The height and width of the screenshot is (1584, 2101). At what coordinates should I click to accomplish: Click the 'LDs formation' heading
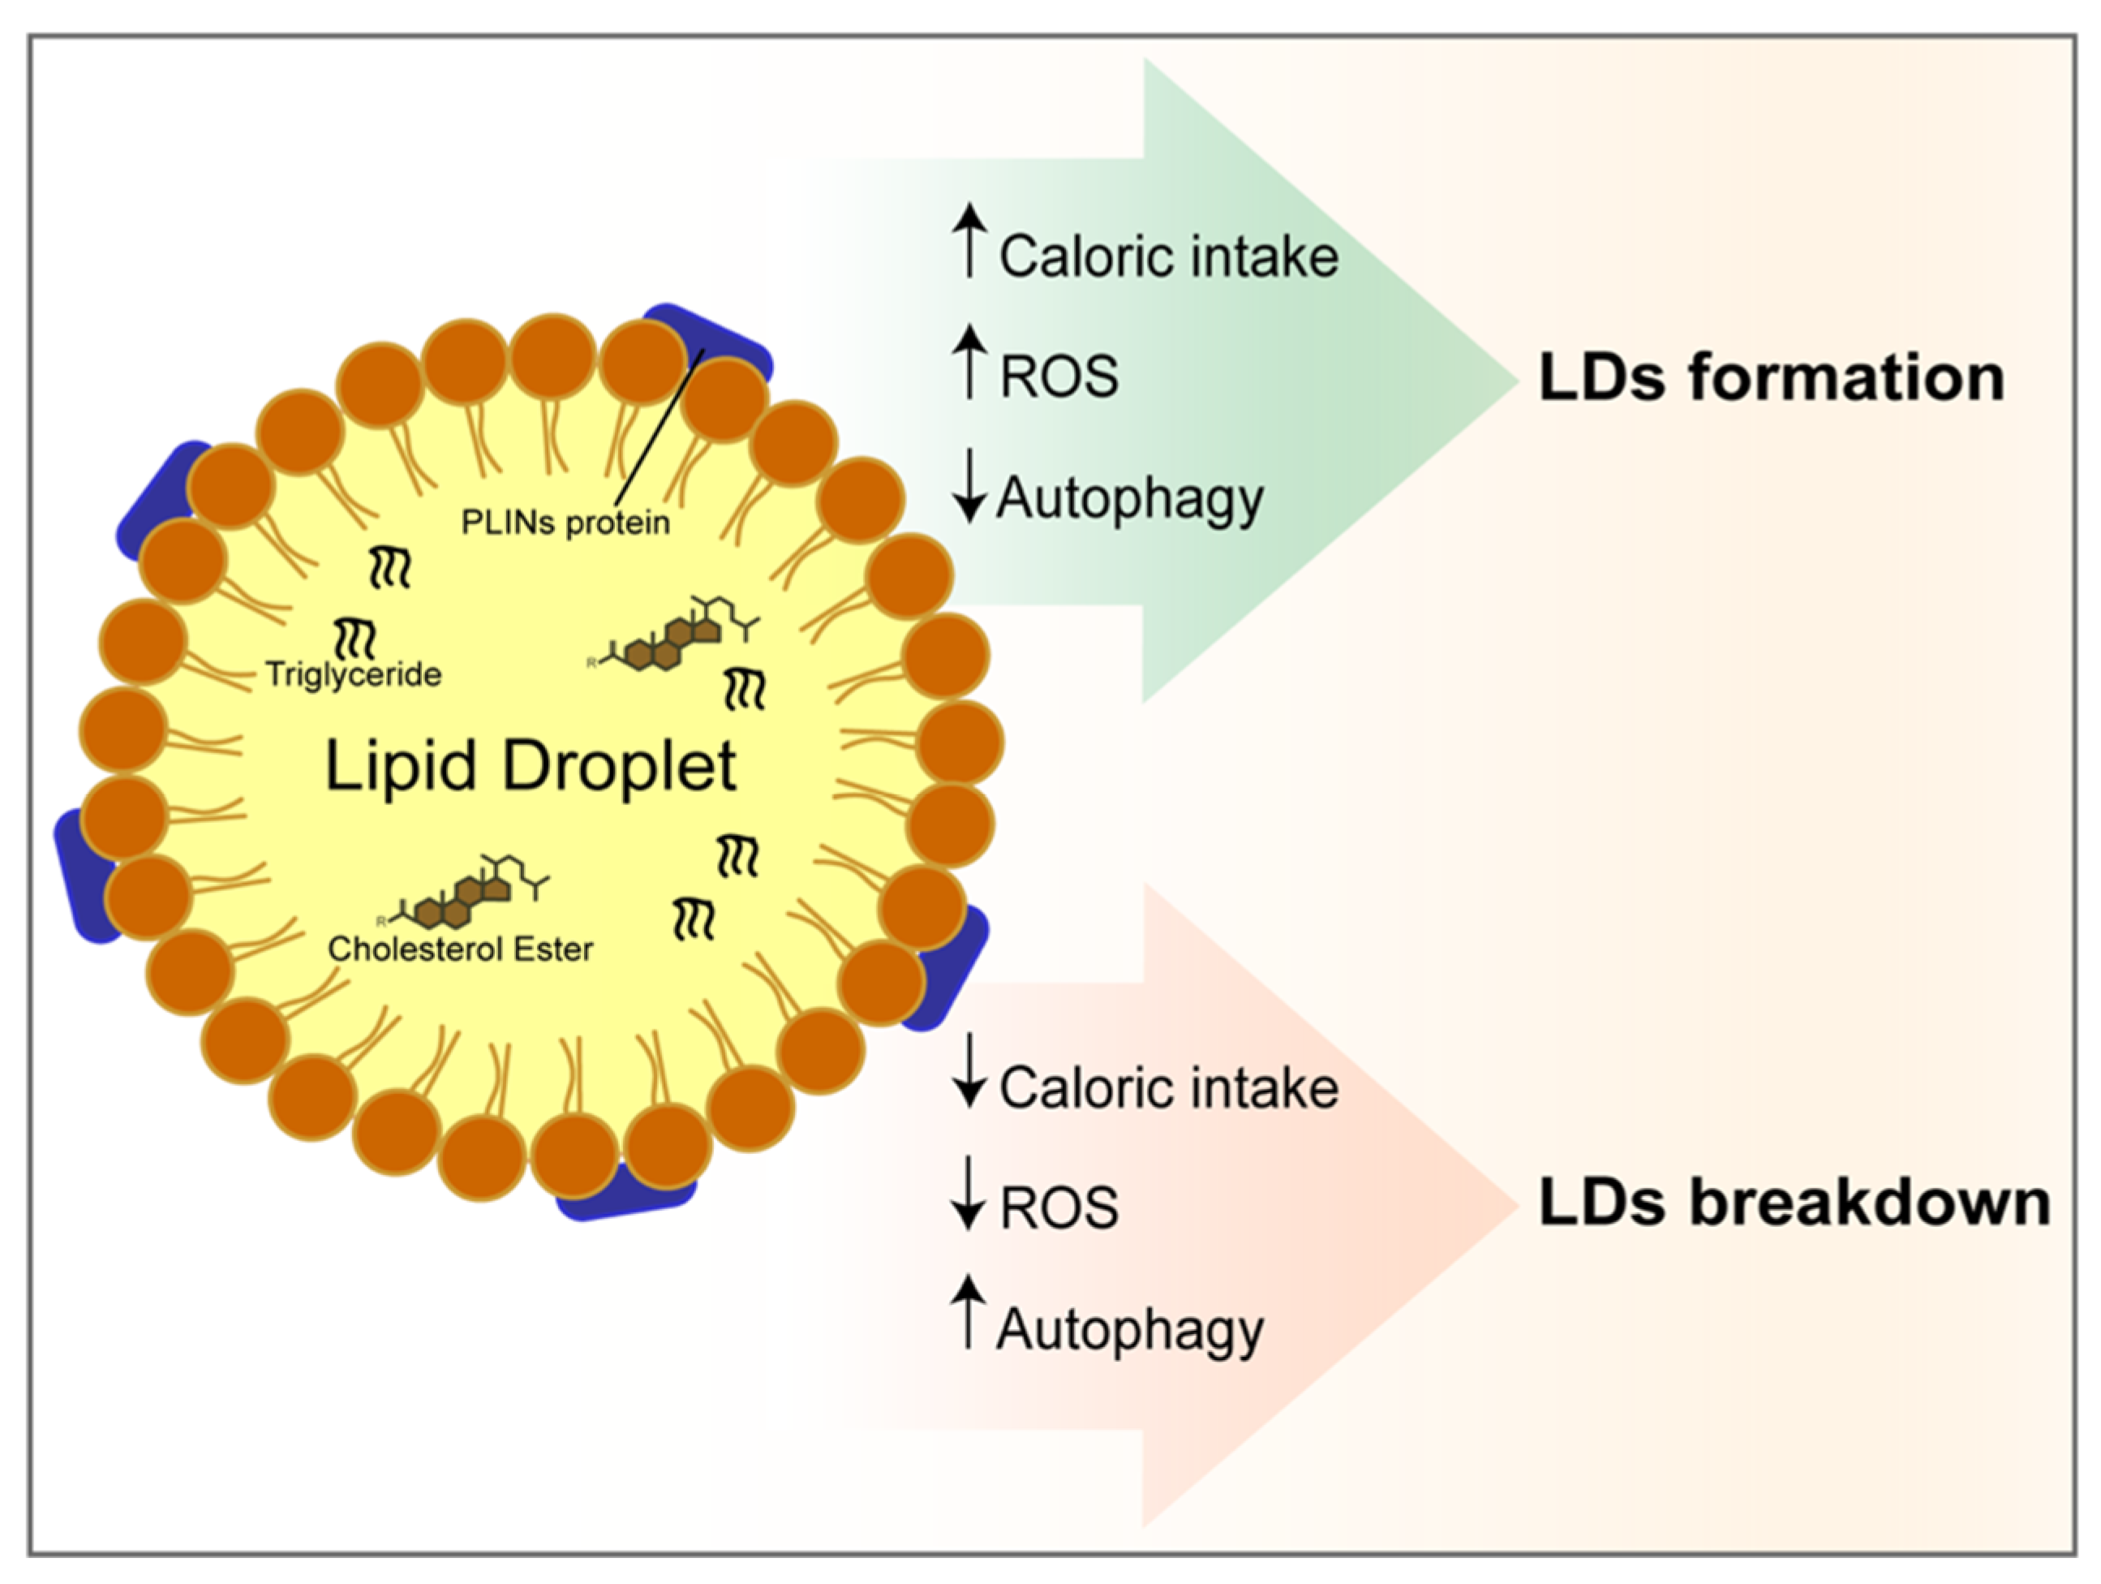pyautogui.click(x=1771, y=378)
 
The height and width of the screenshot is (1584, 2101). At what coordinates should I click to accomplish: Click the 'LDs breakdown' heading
pyautogui.click(x=1794, y=1203)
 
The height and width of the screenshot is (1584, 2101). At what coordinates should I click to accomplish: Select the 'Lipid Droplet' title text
pyautogui.click(x=530, y=766)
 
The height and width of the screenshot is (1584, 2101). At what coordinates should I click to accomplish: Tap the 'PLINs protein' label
pyautogui.click(x=565, y=523)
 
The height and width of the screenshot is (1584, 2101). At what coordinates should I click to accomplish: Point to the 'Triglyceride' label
pyautogui.click(x=354, y=674)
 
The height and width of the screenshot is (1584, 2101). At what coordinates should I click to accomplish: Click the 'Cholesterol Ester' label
pyautogui.click(x=460, y=949)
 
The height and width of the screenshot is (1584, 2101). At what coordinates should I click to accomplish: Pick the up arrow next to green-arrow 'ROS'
pyautogui.click(x=969, y=361)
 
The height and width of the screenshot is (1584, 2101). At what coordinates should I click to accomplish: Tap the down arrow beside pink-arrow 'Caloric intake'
pyautogui.click(x=969, y=1071)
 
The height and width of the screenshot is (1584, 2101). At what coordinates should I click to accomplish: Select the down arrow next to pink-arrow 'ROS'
pyautogui.click(x=969, y=1193)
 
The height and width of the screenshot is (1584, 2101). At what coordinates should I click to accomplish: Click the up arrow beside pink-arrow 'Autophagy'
pyautogui.click(x=969, y=1312)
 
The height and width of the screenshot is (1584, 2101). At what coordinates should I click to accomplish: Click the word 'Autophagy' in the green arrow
pyautogui.click(x=1130, y=500)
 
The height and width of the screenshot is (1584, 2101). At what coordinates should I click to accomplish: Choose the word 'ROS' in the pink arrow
pyautogui.click(x=1059, y=1207)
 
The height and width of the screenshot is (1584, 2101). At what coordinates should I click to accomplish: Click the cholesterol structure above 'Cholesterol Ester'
pyautogui.click(x=466, y=893)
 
